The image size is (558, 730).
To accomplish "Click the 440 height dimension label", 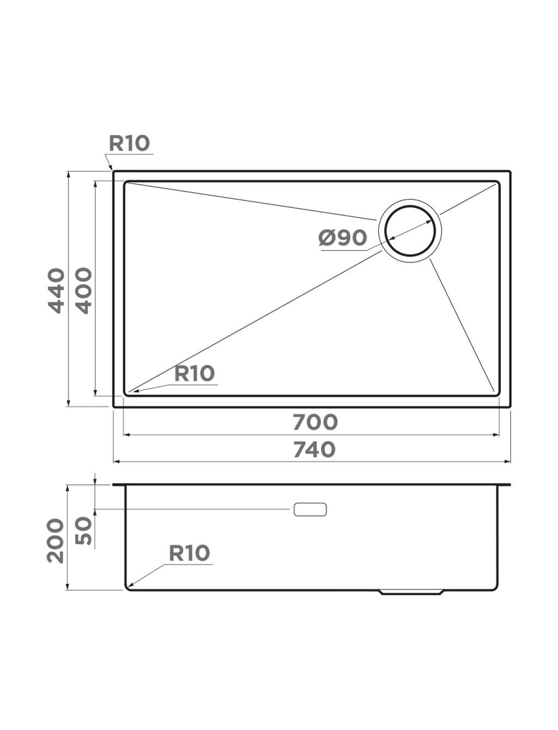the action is point(56,291).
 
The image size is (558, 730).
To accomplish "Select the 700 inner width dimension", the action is point(315,422).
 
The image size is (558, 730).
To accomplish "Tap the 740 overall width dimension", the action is point(314,449).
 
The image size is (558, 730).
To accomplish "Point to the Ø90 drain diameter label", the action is point(343,238).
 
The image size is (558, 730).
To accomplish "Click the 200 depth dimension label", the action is point(55,540).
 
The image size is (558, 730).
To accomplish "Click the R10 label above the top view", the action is point(130,143).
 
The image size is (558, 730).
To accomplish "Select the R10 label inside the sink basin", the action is point(195,373).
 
